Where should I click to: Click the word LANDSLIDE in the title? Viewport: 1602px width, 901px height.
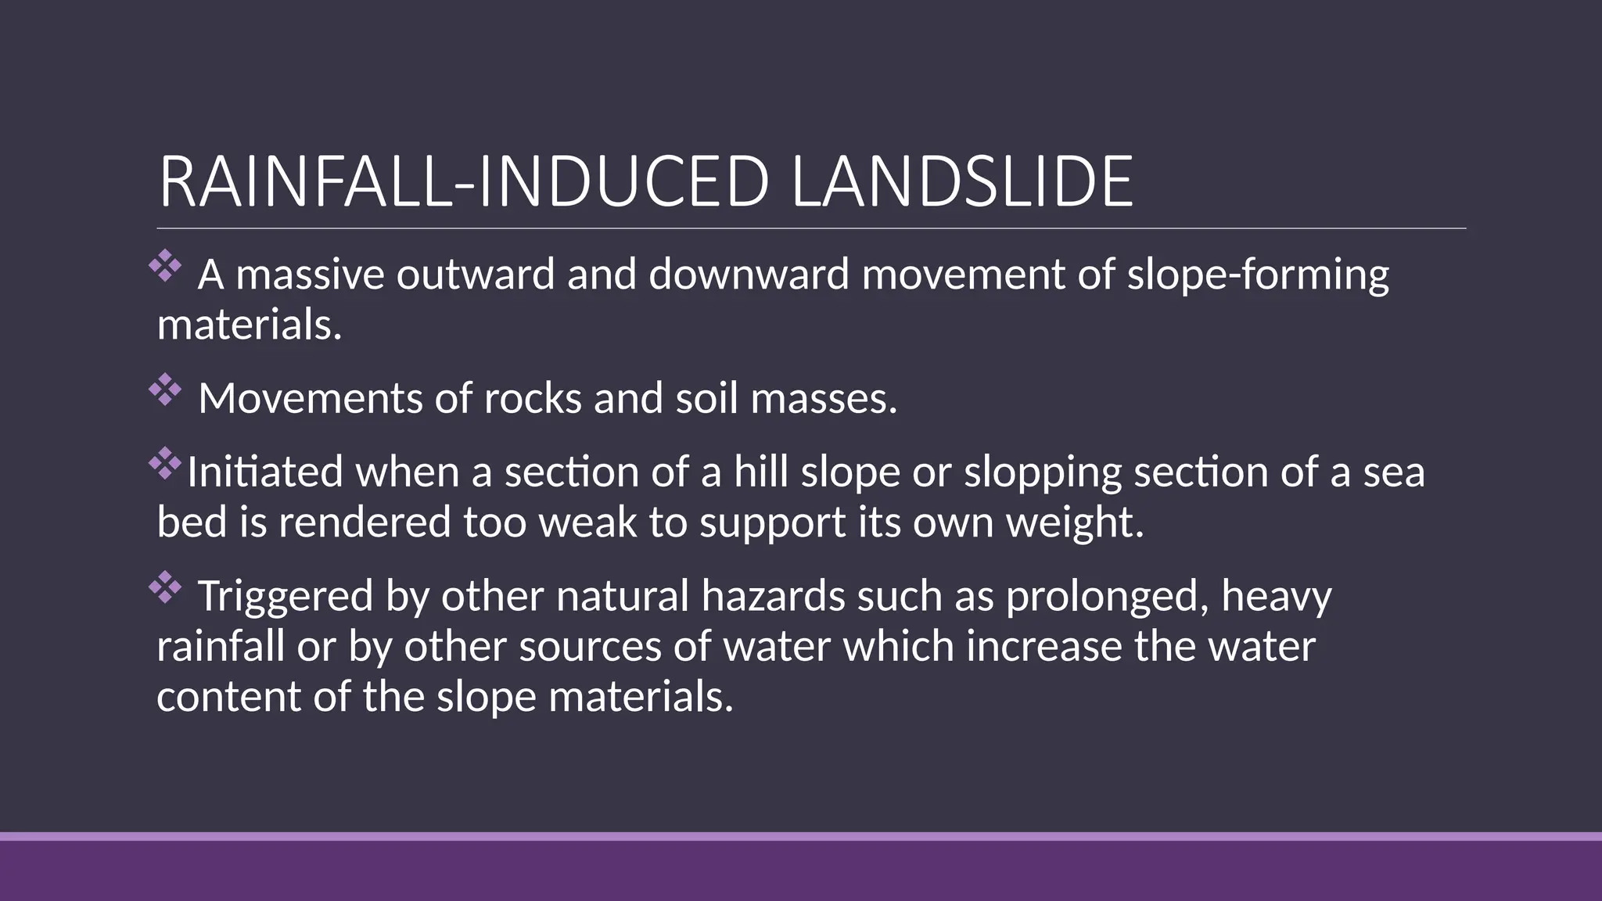(x=961, y=182)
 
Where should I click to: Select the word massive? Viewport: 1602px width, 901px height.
(x=310, y=275)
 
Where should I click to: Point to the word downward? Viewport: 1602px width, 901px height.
(x=749, y=275)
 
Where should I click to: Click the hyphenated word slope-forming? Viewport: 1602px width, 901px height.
(x=1258, y=276)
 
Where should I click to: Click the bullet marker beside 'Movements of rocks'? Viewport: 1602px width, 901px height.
(x=165, y=389)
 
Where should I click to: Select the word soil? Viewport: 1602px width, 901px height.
(x=706, y=398)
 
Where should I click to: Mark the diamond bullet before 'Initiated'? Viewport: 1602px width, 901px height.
(x=165, y=463)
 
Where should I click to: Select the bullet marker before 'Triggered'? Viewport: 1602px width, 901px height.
(x=165, y=587)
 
